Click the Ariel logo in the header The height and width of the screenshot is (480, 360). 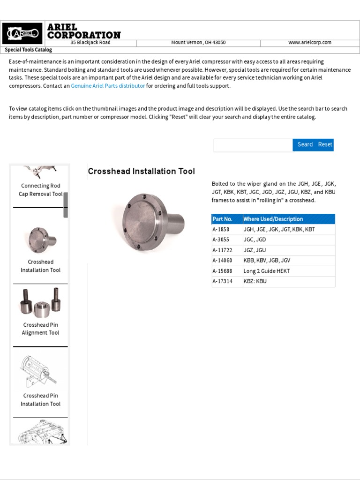[22, 33]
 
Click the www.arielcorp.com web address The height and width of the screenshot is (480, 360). [309, 43]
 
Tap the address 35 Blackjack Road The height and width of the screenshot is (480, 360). [90, 43]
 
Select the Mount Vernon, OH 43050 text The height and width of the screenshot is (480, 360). [198, 43]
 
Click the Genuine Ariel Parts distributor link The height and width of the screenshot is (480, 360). [108, 86]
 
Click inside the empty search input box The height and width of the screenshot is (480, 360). [253, 145]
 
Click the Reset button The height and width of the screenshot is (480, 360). [325, 145]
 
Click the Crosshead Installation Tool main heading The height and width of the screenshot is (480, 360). [141, 172]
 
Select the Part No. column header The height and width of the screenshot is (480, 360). [223, 219]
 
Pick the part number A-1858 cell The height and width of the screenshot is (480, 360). [223, 230]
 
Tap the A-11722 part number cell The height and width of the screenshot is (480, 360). [223, 250]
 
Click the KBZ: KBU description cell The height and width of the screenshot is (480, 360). [255, 281]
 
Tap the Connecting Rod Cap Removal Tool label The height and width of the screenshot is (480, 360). [40, 190]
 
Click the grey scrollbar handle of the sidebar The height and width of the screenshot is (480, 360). [66, 204]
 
